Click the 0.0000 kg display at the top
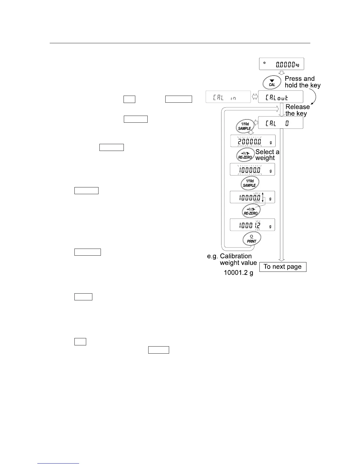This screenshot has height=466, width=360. [281, 64]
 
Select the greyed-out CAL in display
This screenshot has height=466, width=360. [228, 97]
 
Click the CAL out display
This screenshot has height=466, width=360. [280, 97]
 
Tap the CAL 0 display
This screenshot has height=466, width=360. [280, 123]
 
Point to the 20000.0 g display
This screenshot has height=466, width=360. [253, 141]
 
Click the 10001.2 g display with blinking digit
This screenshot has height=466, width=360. [253, 225]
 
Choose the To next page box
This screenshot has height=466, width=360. [283, 267]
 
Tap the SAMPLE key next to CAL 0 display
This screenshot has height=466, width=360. [245, 126]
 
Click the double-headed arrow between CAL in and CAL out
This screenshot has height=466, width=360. [255, 97]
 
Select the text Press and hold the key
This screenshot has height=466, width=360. [302, 82]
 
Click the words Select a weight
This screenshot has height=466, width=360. [267, 155]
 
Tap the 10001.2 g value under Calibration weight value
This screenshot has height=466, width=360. [238, 273]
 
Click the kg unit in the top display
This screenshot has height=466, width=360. [298, 65]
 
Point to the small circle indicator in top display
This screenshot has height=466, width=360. [264, 63]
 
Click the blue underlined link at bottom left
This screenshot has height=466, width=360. [58, 463]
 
